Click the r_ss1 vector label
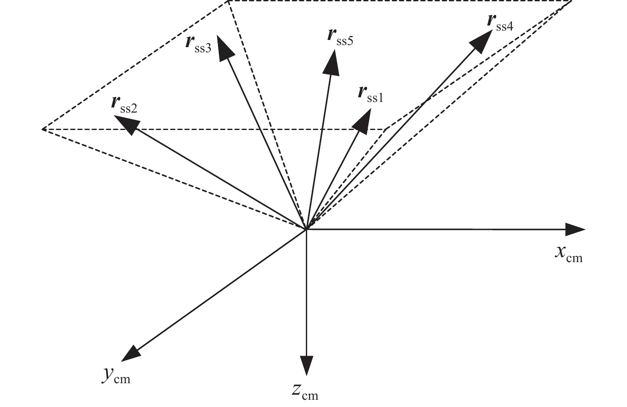point(370,94)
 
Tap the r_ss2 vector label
point(124,105)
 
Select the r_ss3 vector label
point(198,44)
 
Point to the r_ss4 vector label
point(500,23)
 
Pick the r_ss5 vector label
point(340,37)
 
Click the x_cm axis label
point(569,254)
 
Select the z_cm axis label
point(305,392)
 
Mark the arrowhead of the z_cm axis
point(306,365)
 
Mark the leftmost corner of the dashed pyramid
point(43,129)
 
